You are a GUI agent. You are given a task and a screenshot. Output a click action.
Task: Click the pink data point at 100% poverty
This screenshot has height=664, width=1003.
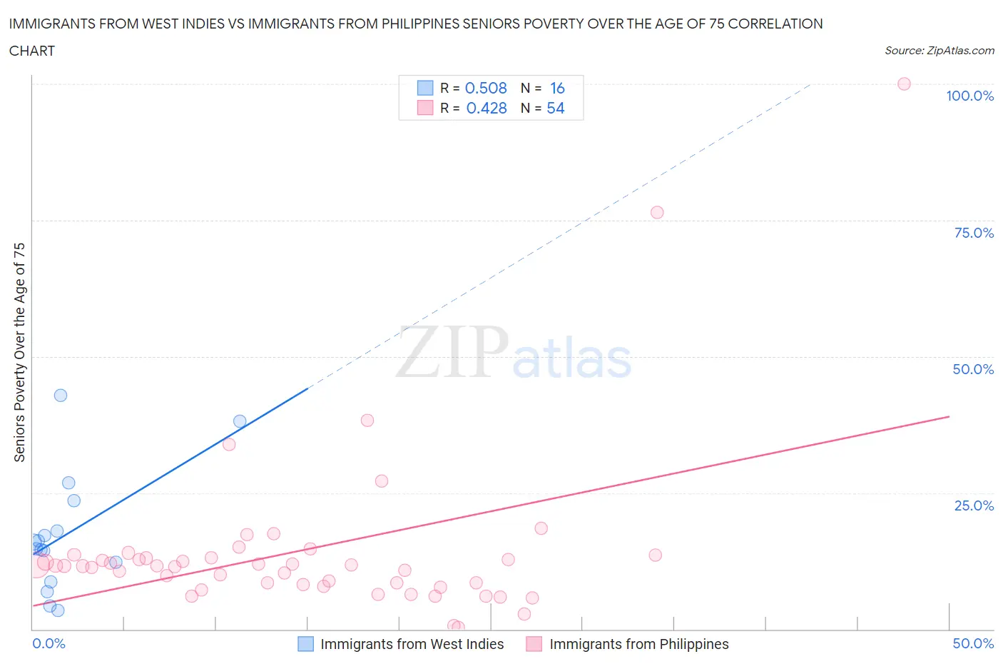point(904,84)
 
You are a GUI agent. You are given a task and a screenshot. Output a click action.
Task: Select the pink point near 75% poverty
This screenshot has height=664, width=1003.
point(657,212)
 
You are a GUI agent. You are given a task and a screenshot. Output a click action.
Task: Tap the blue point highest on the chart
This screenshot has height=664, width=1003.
point(61,396)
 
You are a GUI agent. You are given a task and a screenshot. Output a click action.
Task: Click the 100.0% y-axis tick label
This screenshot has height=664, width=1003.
point(969,96)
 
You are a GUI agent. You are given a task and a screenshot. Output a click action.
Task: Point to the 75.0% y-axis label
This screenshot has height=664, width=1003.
point(974,233)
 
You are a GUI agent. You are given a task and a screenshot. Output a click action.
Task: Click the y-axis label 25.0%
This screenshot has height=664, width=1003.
point(974,505)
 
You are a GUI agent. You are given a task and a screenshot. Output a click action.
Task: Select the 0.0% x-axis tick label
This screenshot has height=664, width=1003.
point(49,643)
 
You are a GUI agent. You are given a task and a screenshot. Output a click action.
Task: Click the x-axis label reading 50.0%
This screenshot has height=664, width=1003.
point(973,643)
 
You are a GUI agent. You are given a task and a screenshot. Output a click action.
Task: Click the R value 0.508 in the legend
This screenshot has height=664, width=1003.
point(486,88)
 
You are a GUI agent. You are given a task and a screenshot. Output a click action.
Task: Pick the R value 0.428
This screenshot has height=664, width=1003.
point(487,108)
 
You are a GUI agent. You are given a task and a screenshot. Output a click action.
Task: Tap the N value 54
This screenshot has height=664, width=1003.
point(556,108)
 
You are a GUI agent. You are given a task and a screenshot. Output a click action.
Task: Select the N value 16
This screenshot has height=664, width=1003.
point(557,88)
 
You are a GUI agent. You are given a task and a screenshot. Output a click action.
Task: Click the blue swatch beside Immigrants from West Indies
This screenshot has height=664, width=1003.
point(305,644)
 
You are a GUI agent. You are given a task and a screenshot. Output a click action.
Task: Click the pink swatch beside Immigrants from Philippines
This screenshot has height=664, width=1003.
point(534,644)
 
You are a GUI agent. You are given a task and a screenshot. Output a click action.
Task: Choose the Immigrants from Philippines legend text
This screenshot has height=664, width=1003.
point(639,644)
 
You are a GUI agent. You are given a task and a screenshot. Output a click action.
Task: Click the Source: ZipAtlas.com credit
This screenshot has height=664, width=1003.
point(940,51)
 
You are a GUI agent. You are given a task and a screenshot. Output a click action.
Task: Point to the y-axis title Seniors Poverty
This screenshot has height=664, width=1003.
point(20,352)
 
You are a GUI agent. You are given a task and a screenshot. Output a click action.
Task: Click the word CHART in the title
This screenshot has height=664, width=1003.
point(32,51)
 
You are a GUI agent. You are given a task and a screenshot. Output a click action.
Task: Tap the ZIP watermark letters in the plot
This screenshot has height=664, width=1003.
point(452,352)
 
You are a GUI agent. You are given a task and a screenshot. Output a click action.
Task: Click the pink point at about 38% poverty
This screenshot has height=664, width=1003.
point(367,420)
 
